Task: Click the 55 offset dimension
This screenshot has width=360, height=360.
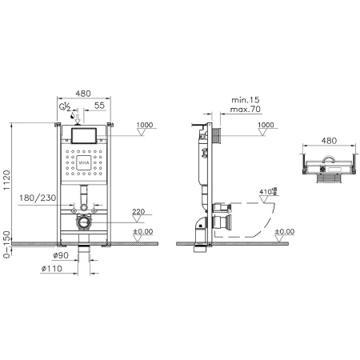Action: (99, 106)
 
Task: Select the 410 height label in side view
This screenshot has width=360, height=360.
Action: (269, 191)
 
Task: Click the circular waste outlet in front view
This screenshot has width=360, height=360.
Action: (82, 222)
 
